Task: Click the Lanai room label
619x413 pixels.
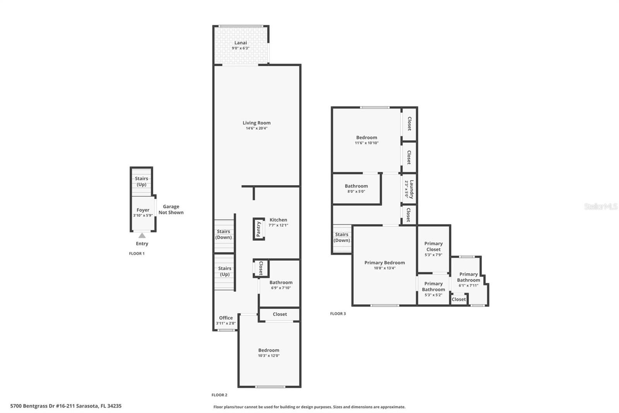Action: click(x=240, y=43)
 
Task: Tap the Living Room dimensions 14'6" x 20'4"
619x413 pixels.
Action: click(x=256, y=128)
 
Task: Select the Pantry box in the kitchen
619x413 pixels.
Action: click(x=259, y=229)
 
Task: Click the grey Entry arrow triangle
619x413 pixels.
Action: click(x=142, y=236)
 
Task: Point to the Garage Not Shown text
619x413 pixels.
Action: click(x=171, y=210)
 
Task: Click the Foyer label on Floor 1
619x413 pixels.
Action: click(x=143, y=210)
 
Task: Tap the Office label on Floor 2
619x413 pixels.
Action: click(x=226, y=318)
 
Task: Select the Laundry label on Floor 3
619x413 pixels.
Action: click(x=412, y=189)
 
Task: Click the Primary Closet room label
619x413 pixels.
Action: click(x=433, y=246)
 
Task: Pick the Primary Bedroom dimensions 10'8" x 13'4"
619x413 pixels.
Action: click(x=385, y=268)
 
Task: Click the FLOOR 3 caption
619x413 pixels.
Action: click(x=338, y=314)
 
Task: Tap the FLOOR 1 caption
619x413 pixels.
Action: click(x=137, y=254)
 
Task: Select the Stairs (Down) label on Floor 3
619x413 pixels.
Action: click(x=342, y=237)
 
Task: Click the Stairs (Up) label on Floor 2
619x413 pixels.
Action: click(x=225, y=271)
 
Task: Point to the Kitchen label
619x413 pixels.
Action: click(x=278, y=220)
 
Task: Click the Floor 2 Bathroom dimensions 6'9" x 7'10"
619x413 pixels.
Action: click(x=281, y=288)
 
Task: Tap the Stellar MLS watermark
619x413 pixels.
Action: click(x=600, y=206)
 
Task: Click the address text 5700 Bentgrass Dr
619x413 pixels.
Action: click(x=66, y=406)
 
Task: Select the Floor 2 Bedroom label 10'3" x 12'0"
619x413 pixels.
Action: click(x=268, y=350)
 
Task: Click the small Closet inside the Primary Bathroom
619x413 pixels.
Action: click(x=459, y=299)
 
